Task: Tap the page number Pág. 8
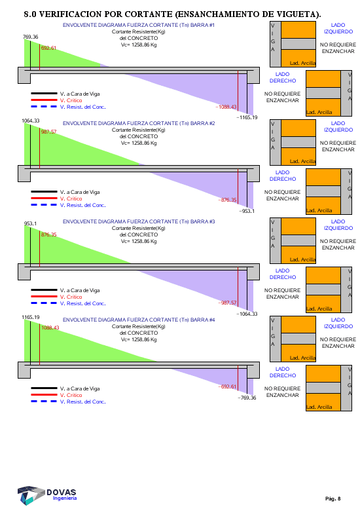(333, 498)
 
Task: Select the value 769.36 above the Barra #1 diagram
(30, 37)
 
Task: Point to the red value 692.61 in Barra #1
(48, 48)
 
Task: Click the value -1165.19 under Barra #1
(247, 117)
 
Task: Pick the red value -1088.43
(226, 107)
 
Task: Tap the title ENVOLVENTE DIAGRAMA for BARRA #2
(139, 123)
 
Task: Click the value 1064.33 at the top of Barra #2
(30, 121)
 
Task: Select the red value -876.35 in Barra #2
(227, 200)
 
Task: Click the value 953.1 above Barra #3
(30, 223)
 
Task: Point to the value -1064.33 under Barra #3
(247, 314)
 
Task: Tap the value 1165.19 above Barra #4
(30, 317)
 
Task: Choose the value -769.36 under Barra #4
(247, 398)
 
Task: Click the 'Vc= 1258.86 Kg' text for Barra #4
(139, 339)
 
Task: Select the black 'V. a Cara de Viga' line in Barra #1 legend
(44, 94)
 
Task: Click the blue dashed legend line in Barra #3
(44, 303)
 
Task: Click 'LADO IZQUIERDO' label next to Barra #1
(338, 28)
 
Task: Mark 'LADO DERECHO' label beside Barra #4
(283, 372)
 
